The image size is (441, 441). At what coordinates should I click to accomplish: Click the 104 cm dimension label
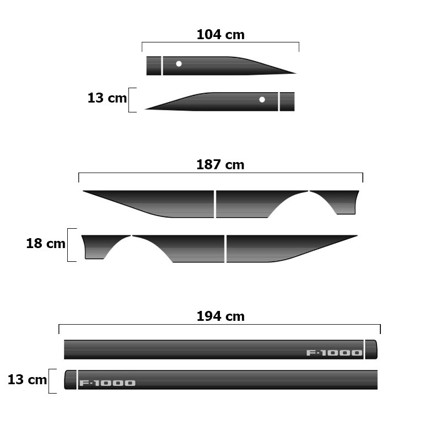[x=220, y=35]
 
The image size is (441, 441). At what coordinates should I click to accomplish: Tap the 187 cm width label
[x=220, y=164]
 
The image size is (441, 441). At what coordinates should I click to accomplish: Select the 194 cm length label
[x=220, y=316]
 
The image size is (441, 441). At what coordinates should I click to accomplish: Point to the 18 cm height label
[x=46, y=243]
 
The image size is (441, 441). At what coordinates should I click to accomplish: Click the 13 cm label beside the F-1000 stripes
[x=27, y=379]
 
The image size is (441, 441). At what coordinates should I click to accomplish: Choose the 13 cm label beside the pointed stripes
[x=107, y=98]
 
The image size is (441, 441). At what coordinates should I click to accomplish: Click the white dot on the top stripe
[x=179, y=64]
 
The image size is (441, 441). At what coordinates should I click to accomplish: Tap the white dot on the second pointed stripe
[x=262, y=100]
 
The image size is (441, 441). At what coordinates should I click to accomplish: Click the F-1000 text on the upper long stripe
[x=334, y=353]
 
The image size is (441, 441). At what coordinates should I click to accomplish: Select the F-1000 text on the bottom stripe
[x=107, y=383]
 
